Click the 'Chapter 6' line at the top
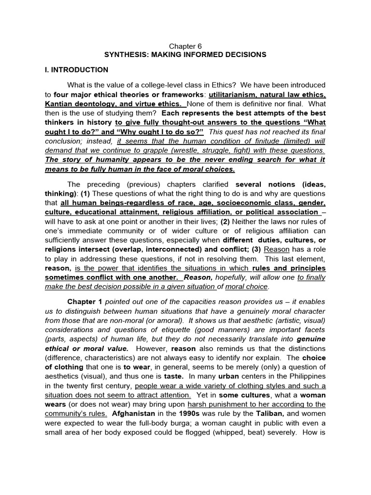tap(185, 45)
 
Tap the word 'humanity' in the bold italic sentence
tap(104, 160)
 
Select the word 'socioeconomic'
tap(241, 202)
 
